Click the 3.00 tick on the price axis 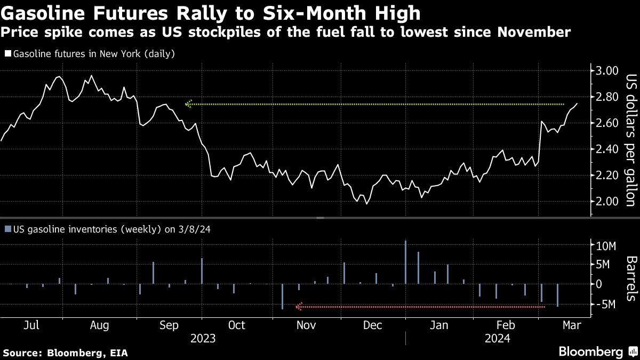pyautogui.click(x=606, y=71)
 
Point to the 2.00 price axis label pyautogui.click(x=606, y=201)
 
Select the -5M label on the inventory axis pyautogui.click(x=607, y=304)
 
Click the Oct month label pyautogui.click(x=236, y=325)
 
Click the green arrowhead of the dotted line pyautogui.click(x=188, y=104)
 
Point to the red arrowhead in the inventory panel pyautogui.click(x=299, y=307)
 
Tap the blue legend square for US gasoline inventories pyautogui.click(x=7, y=229)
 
